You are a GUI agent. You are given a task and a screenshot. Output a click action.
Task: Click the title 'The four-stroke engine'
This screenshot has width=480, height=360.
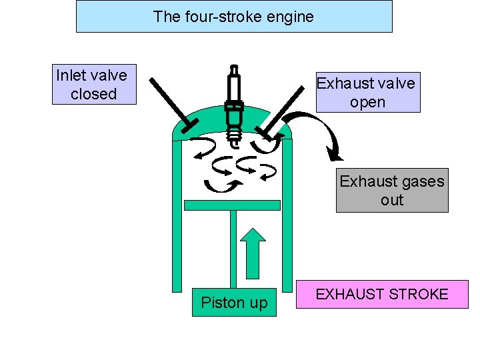click(233, 17)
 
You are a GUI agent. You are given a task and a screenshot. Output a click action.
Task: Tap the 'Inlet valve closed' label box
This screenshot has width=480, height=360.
click(94, 84)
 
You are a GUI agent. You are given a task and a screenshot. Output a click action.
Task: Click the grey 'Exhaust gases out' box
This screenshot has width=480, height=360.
click(392, 190)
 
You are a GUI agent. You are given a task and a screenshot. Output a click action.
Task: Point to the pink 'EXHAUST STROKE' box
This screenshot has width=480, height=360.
click(382, 294)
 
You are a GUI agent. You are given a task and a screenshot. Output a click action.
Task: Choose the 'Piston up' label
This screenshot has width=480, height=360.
click(234, 303)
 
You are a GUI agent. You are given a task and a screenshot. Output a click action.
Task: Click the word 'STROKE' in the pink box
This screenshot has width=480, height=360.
click(418, 294)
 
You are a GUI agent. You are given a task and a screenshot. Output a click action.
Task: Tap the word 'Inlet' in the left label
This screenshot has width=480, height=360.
click(72, 75)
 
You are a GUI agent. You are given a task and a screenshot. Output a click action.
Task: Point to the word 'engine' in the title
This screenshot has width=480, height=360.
click(291, 17)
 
